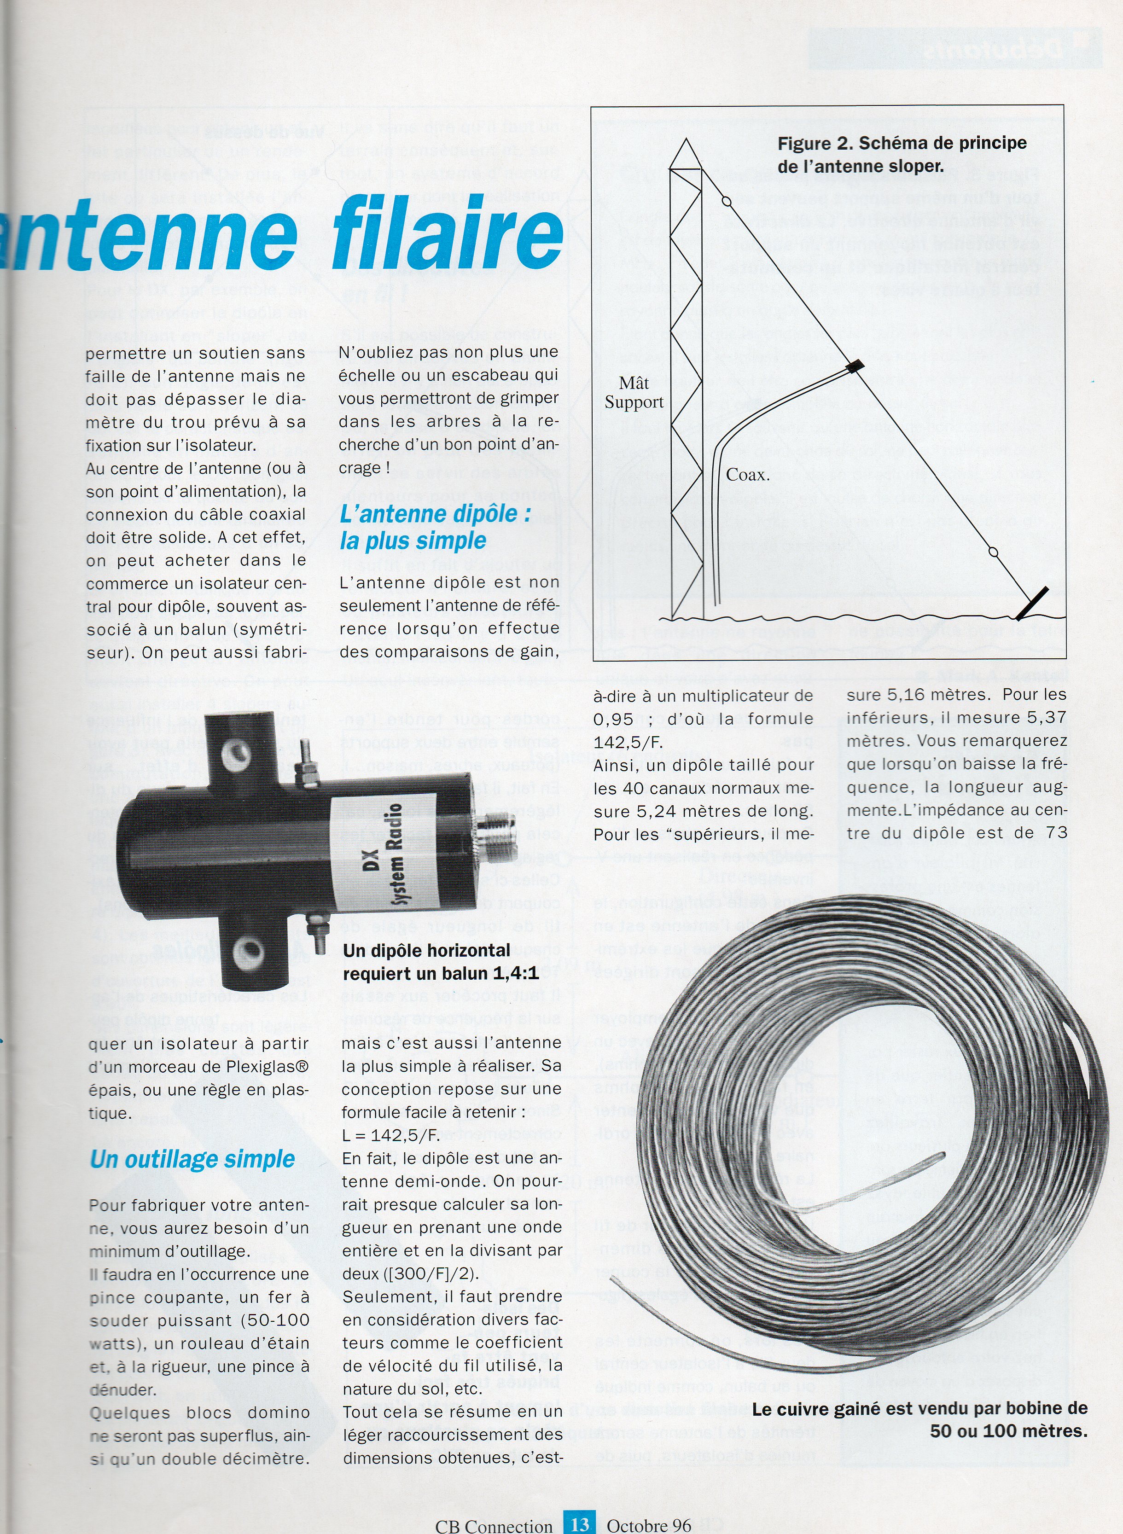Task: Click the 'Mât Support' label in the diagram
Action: coord(634,392)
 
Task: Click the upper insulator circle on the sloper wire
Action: coord(727,202)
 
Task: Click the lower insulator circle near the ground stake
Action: coord(993,551)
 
